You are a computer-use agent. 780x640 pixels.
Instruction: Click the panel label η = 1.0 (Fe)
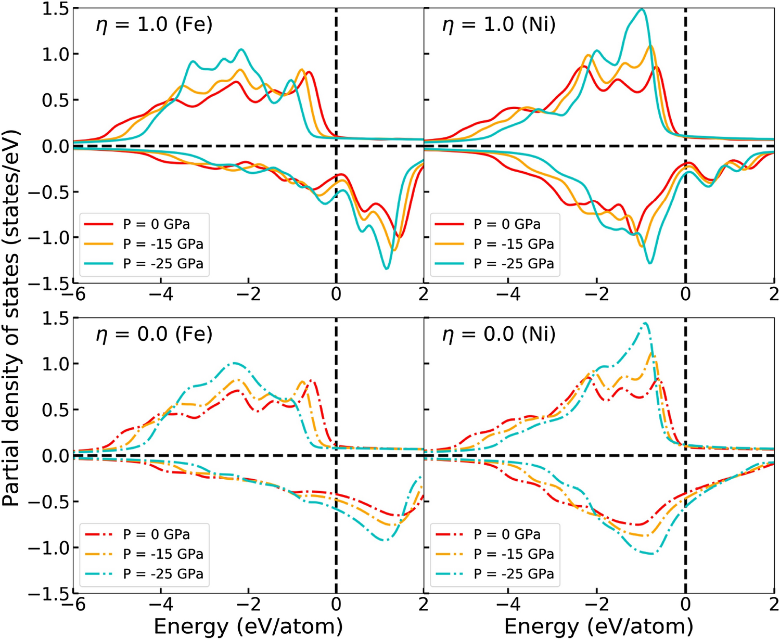click(154, 25)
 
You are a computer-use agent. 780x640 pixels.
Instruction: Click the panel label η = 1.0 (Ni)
click(498, 25)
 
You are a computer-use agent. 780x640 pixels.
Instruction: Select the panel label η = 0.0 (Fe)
click(154, 334)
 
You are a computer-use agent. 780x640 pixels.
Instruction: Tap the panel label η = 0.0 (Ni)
click(498, 334)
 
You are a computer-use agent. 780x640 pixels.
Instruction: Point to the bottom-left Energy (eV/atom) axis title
click(248, 626)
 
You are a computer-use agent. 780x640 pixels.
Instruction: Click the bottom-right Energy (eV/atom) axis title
click(598, 626)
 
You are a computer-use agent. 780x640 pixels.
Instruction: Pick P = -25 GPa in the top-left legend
click(163, 263)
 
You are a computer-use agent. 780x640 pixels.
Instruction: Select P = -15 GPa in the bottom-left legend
click(163, 554)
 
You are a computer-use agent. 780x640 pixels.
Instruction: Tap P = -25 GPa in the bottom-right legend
click(514, 573)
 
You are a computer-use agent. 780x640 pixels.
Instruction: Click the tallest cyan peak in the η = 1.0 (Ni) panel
click(642, 9)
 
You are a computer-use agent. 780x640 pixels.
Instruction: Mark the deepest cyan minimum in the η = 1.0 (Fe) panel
click(386, 268)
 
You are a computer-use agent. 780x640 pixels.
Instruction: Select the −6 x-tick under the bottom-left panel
click(73, 604)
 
